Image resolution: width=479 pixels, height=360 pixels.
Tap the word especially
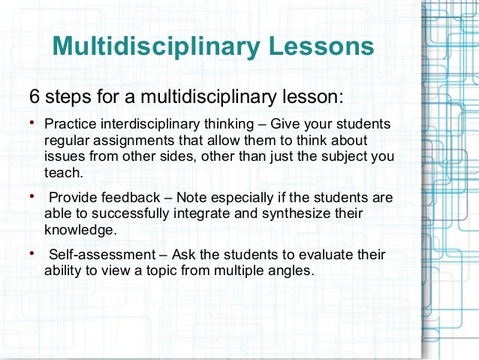229,198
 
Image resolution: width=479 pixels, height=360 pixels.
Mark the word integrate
193,214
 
